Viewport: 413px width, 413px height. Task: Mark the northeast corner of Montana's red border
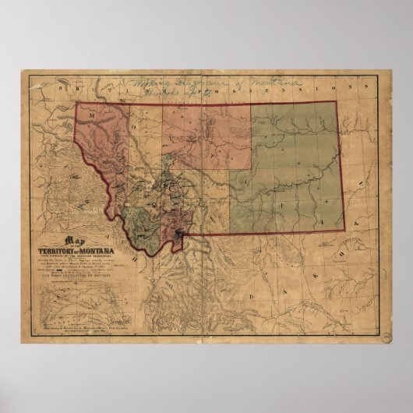pyautogui.click(x=337, y=103)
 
